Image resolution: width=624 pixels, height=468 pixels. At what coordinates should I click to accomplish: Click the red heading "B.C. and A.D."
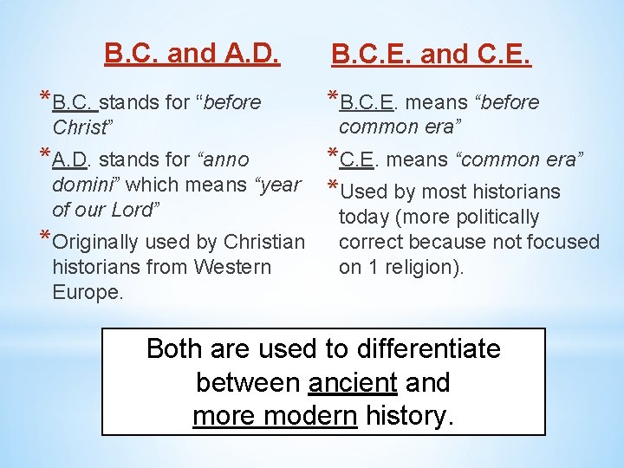point(192,54)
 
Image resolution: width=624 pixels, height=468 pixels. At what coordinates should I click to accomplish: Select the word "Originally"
point(98,242)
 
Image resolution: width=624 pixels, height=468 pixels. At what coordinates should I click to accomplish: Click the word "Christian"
point(264,242)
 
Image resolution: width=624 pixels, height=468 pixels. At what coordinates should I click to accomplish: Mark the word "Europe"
point(85,292)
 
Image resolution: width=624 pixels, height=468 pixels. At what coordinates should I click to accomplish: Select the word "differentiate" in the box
point(427,349)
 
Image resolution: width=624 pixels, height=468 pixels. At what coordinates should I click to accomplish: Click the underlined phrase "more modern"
point(274,416)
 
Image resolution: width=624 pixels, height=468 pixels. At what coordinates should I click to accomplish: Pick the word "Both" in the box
point(175,349)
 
